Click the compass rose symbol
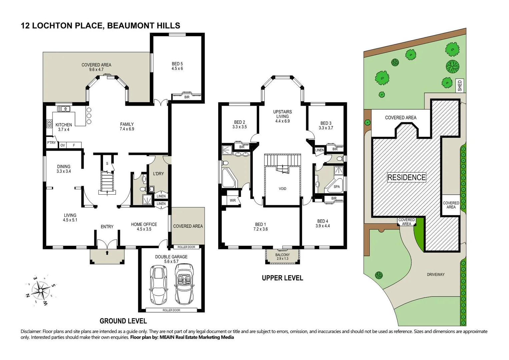point(41,291)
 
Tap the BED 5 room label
point(177,66)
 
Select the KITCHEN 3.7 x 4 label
point(63,127)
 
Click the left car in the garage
point(158,284)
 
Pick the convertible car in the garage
point(184,284)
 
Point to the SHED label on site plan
point(460,86)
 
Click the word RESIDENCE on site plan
point(406,177)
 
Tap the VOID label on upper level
point(283,189)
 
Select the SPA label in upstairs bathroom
point(337,187)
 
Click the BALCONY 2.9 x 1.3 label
point(283,257)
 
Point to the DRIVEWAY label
point(436,275)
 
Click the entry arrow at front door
point(107,253)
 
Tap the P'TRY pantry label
point(51,143)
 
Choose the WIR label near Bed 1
point(232,200)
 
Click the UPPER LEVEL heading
point(282,278)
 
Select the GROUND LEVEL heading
point(123,321)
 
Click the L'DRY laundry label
point(158,174)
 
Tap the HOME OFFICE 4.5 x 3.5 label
point(144,227)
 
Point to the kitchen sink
point(63,109)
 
